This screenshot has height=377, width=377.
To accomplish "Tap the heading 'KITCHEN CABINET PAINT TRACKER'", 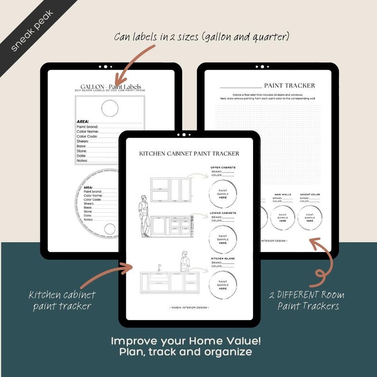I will point(189,154).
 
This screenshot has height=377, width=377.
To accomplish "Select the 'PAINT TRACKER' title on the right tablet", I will point(289,85).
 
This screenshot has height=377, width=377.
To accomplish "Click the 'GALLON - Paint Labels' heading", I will point(111,87).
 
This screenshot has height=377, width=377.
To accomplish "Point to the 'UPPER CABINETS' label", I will point(223,168).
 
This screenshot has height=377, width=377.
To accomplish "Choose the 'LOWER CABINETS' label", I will point(223,213).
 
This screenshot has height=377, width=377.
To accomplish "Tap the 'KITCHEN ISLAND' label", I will point(223,259).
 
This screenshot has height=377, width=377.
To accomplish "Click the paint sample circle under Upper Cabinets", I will point(223,194).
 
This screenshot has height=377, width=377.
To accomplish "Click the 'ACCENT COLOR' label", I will point(310,195).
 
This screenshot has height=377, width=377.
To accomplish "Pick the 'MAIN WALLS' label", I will point(283,195).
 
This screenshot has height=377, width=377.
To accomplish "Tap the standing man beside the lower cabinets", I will point(144,216).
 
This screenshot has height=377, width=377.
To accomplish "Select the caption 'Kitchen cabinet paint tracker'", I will point(62,300).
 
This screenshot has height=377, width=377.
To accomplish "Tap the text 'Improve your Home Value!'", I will point(186,341).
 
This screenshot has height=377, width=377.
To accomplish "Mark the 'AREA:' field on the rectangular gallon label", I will point(84,122).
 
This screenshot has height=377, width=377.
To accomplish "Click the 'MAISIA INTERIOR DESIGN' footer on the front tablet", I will point(189,308).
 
